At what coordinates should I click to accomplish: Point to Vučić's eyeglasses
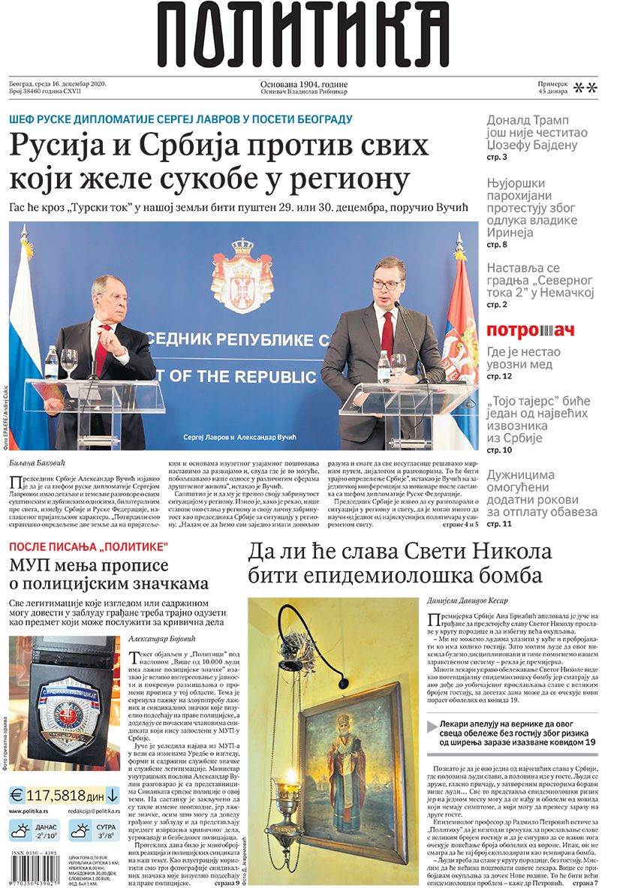(x=389, y=284)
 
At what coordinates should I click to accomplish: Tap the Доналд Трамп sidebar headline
(x=528, y=132)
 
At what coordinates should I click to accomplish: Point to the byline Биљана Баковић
(x=38, y=463)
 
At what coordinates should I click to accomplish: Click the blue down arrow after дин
(x=112, y=796)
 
